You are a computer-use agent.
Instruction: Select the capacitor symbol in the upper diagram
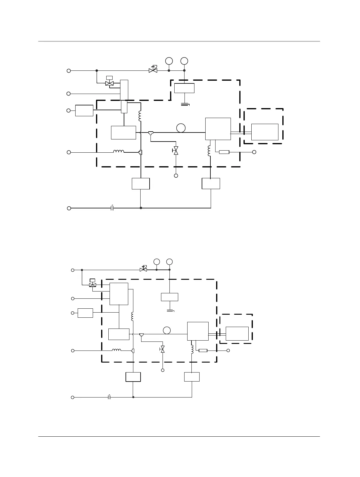112,208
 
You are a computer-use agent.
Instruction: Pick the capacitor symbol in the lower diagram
110,397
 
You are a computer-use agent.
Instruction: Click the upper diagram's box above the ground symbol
184,88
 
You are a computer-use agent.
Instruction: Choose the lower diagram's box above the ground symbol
169,297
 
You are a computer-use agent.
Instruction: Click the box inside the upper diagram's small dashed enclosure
265,132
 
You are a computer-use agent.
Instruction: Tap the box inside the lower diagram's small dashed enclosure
237,334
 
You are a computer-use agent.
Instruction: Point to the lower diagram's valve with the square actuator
93,284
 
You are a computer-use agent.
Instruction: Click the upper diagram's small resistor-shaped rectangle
224,152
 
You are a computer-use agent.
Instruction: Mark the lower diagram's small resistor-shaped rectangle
203,351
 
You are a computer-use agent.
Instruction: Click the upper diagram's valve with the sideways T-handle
176,151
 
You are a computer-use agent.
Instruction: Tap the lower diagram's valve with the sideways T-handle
163,349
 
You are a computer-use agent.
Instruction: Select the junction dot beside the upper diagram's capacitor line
141,208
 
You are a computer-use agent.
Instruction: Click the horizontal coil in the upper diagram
119,151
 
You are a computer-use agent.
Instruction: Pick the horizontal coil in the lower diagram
116,350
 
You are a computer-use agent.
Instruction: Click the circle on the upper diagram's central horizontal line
181,128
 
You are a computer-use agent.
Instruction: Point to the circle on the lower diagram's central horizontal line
167,330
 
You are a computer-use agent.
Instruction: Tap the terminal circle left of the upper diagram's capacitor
69,208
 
